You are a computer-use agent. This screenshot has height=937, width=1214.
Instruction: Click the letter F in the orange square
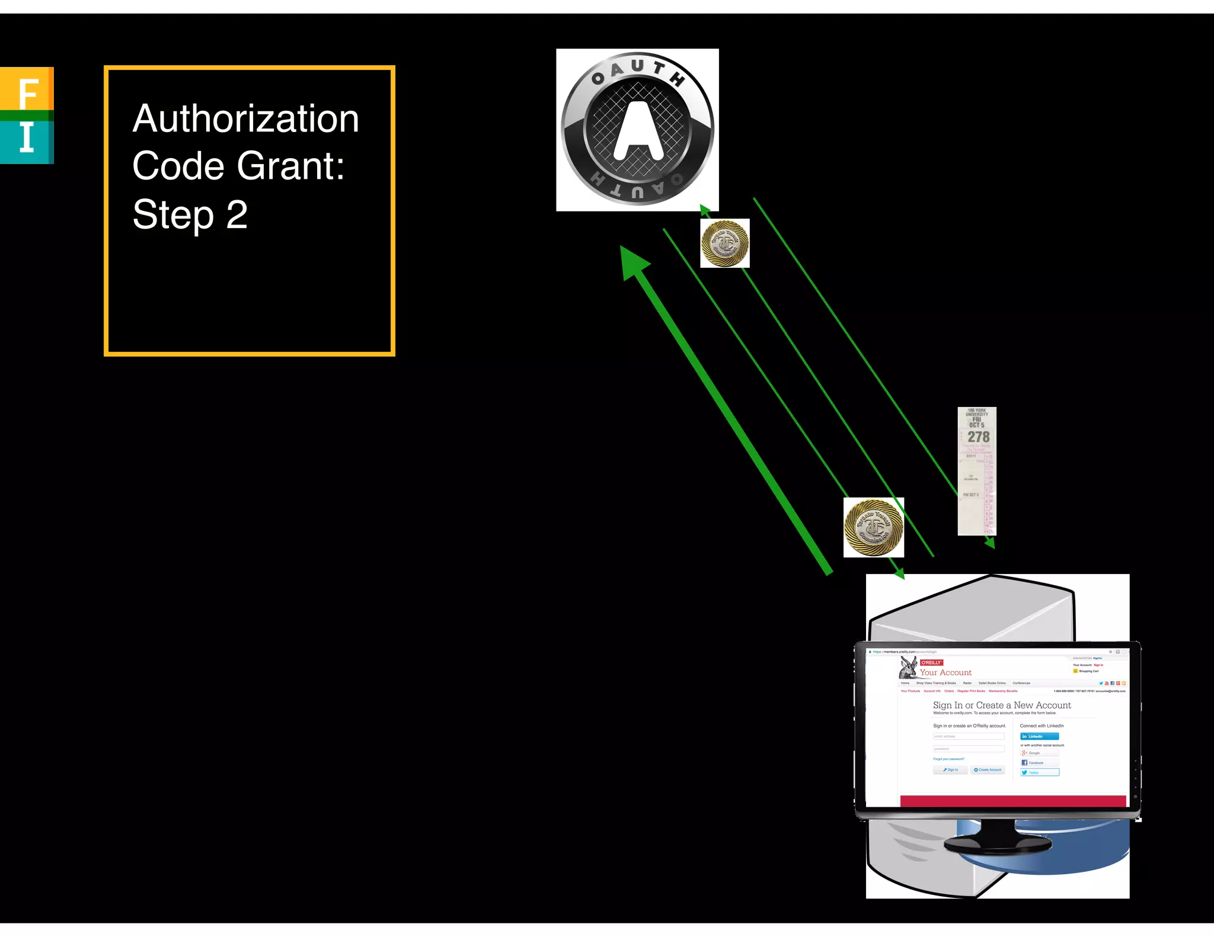point(28,94)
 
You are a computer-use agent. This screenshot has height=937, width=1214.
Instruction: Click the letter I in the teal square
point(27,137)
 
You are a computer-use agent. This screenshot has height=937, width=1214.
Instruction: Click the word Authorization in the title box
point(245,118)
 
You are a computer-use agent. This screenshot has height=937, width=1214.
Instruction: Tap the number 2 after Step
point(237,214)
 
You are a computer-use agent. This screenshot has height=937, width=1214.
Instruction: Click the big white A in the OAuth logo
point(638,131)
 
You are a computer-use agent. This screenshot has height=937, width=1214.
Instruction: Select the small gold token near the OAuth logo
point(724,243)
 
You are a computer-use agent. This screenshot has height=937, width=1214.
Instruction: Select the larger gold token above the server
point(873,528)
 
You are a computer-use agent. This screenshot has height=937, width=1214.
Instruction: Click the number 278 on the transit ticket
point(978,437)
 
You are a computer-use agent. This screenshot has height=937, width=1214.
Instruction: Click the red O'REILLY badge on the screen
point(931,663)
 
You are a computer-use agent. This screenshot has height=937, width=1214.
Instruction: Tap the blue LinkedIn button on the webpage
point(1039,736)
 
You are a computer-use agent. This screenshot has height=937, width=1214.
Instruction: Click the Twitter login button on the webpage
point(1039,772)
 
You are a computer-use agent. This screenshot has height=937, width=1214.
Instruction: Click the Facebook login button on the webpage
point(1039,763)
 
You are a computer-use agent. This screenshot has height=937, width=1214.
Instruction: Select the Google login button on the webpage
point(1039,753)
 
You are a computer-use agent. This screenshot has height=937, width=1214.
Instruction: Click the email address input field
point(969,736)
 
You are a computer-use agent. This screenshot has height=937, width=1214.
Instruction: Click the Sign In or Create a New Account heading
point(1002,705)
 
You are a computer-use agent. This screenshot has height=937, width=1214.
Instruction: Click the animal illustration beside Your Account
point(908,668)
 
